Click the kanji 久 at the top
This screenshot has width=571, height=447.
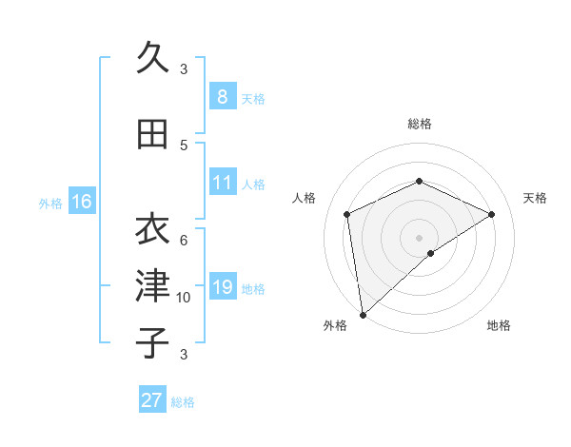point(152,58)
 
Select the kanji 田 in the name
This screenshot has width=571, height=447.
point(152,134)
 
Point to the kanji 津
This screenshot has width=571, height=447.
point(152,285)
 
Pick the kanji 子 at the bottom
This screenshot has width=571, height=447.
point(152,342)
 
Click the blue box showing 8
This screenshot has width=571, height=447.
point(222,96)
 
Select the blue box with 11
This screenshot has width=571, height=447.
point(222,183)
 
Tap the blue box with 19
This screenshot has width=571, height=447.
point(222,287)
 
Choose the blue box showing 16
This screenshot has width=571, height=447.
point(81,202)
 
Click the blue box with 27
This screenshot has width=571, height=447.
point(151,400)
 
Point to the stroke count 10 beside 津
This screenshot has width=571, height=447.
point(184,298)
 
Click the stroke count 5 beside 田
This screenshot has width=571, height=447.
point(184,146)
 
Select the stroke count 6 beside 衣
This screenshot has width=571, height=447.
point(184,240)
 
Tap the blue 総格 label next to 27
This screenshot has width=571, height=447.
point(183,402)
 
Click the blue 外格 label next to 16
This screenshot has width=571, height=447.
point(49,203)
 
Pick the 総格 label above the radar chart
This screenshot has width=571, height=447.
point(419,124)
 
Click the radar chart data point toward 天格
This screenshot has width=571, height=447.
point(492,214)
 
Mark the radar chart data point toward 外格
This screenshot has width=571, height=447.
point(363,315)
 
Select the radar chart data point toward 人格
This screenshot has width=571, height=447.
point(347,214)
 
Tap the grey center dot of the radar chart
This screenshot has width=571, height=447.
point(419,237)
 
